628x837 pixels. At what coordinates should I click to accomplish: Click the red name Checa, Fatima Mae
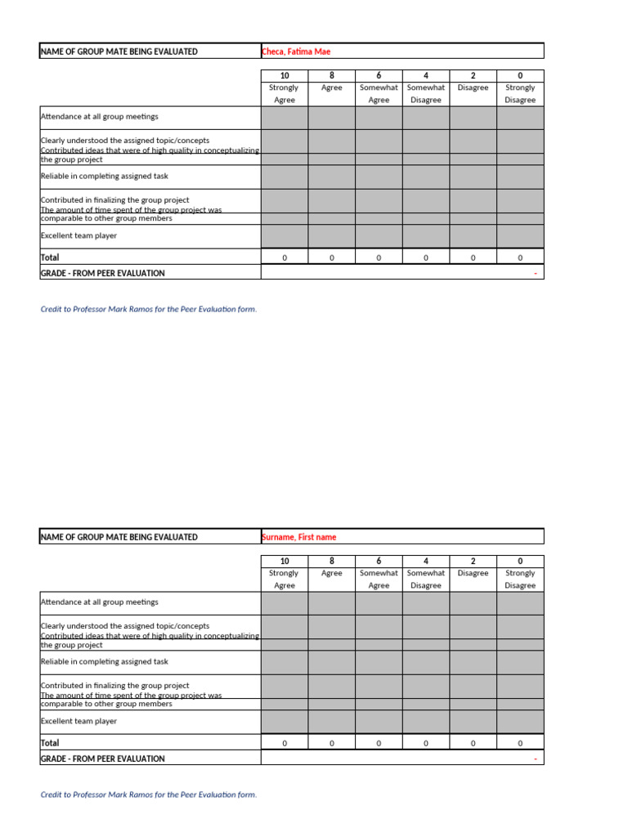tap(296, 51)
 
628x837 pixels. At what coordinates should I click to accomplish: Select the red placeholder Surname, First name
tap(298, 537)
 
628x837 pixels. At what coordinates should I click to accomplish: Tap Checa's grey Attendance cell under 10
tap(285, 118)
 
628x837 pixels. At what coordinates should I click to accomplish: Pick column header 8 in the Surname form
tap(332, 561)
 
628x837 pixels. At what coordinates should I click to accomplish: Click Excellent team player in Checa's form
tap(79, 235)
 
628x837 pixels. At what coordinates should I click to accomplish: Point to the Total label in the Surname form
tap(50, 743)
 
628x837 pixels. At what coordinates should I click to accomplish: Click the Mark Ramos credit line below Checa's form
tap(149, 309)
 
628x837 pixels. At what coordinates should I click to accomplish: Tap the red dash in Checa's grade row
tap(536, 273)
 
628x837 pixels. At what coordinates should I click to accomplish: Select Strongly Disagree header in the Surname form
tap(520, 579)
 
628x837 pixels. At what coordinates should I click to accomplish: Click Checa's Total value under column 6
tap(379, 257)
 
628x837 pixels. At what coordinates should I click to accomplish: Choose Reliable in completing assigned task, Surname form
tap(105, 661)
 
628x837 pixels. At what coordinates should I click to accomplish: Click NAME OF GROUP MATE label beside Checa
tap(119, 51)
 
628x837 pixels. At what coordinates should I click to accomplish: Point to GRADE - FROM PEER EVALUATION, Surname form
tap(103, 759)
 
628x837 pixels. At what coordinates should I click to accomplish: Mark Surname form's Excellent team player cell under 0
tap(520, 721)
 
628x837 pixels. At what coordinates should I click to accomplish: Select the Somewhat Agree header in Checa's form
tap(379, 93)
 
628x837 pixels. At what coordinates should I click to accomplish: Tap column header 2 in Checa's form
tap(473, 75)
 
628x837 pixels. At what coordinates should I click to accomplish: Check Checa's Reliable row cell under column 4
tap(426, 177)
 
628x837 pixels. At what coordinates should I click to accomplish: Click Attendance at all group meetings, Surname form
tap(100, 602)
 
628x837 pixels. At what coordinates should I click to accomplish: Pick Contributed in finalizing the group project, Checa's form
tap(115, 199)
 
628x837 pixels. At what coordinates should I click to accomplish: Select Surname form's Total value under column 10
tap(285, 743)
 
